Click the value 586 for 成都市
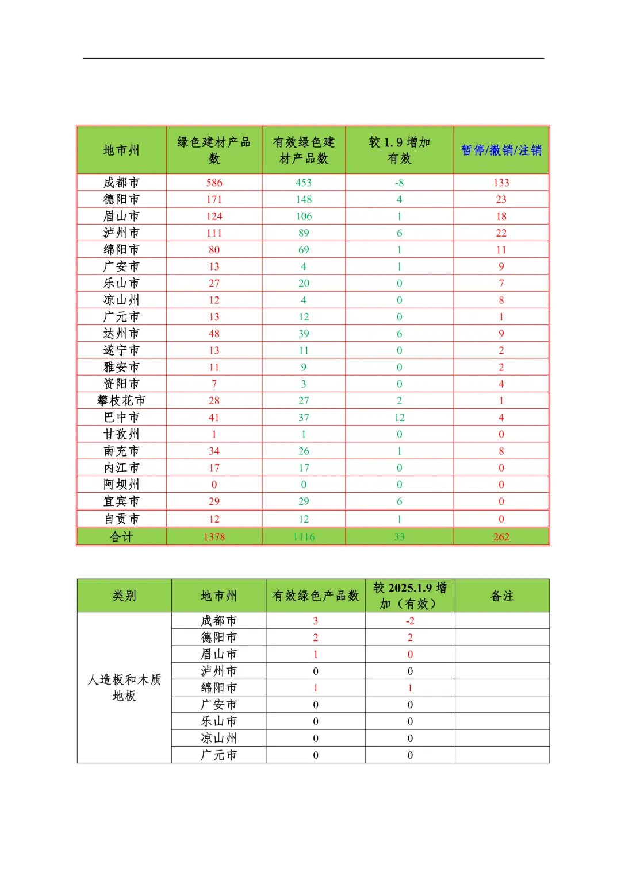pyautogui.click(x=214, y=183)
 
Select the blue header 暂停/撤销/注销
pyautogui.click(x=501, y=150)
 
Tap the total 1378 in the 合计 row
pyautogui.click(x=214, y=537)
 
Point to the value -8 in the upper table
pyautogui.click(x=399, y=183)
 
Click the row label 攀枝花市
pyautogui.click(x=121, y=400)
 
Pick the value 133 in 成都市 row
pyautogui.click(x=501, y=183)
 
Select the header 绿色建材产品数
pyautogui.click(x=214, y=150)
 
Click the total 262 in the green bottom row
pyautogui.click(x=501, y=537)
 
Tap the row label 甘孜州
pyautogui.click(x=121, y=434)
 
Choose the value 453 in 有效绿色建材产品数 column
pyautogui.click(x=304, y=183)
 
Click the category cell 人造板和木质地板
pyautogui.click(x=124, y=687)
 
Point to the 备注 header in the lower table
pyautogui.click(x=502, y=596)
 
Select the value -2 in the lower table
pyautogui.click(x=410, y=621)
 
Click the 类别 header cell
pyautogui.click(x=124, y=596)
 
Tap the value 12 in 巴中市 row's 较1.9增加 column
pyautogui.click(x=399, y=418)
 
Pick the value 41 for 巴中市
pyautogui.click(x=214, y=418)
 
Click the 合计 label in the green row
pyautogui.click(x=121, y=537)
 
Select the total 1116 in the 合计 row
pyautogui.click(x=304, y=537)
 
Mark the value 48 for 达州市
pyautogui.click(x=214, y=334)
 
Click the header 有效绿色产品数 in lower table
pyautogui.click(x=315, y=596)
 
